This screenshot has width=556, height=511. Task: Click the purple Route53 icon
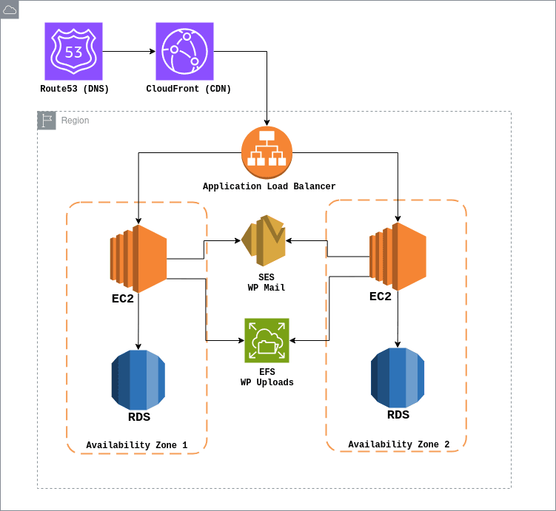(x=73, y=51)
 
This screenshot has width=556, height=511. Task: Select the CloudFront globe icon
(x=184, y=51)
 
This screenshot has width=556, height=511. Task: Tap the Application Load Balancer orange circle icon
(x=267, y=152)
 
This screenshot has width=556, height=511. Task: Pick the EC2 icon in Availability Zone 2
(x=398, y=257)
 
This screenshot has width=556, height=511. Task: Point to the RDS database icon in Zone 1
(x=138, y=380)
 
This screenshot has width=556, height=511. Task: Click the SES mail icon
(x=264, y=241)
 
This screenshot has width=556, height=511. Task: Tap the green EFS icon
(x=267, y=341)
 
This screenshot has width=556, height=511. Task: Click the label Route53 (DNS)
(x=74, y=89)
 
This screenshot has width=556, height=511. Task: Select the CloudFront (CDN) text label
(x=189, y=89)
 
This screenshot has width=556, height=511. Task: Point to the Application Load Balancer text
(x=269, y=187)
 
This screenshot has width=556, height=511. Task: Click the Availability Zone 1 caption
(x=136, y=445)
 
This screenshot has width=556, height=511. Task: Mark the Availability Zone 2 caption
(x=398, y=444)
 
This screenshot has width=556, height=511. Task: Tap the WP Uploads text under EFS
(x=267, y=383)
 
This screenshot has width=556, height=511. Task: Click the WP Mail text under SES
(x=267, y=288)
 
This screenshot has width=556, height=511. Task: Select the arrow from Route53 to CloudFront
(x=129, y=51)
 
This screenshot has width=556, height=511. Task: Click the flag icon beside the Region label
(x=47, y=121)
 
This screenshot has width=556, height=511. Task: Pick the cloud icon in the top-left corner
(x=10, y=10)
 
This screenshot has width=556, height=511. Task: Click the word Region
(x=75, y=121)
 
